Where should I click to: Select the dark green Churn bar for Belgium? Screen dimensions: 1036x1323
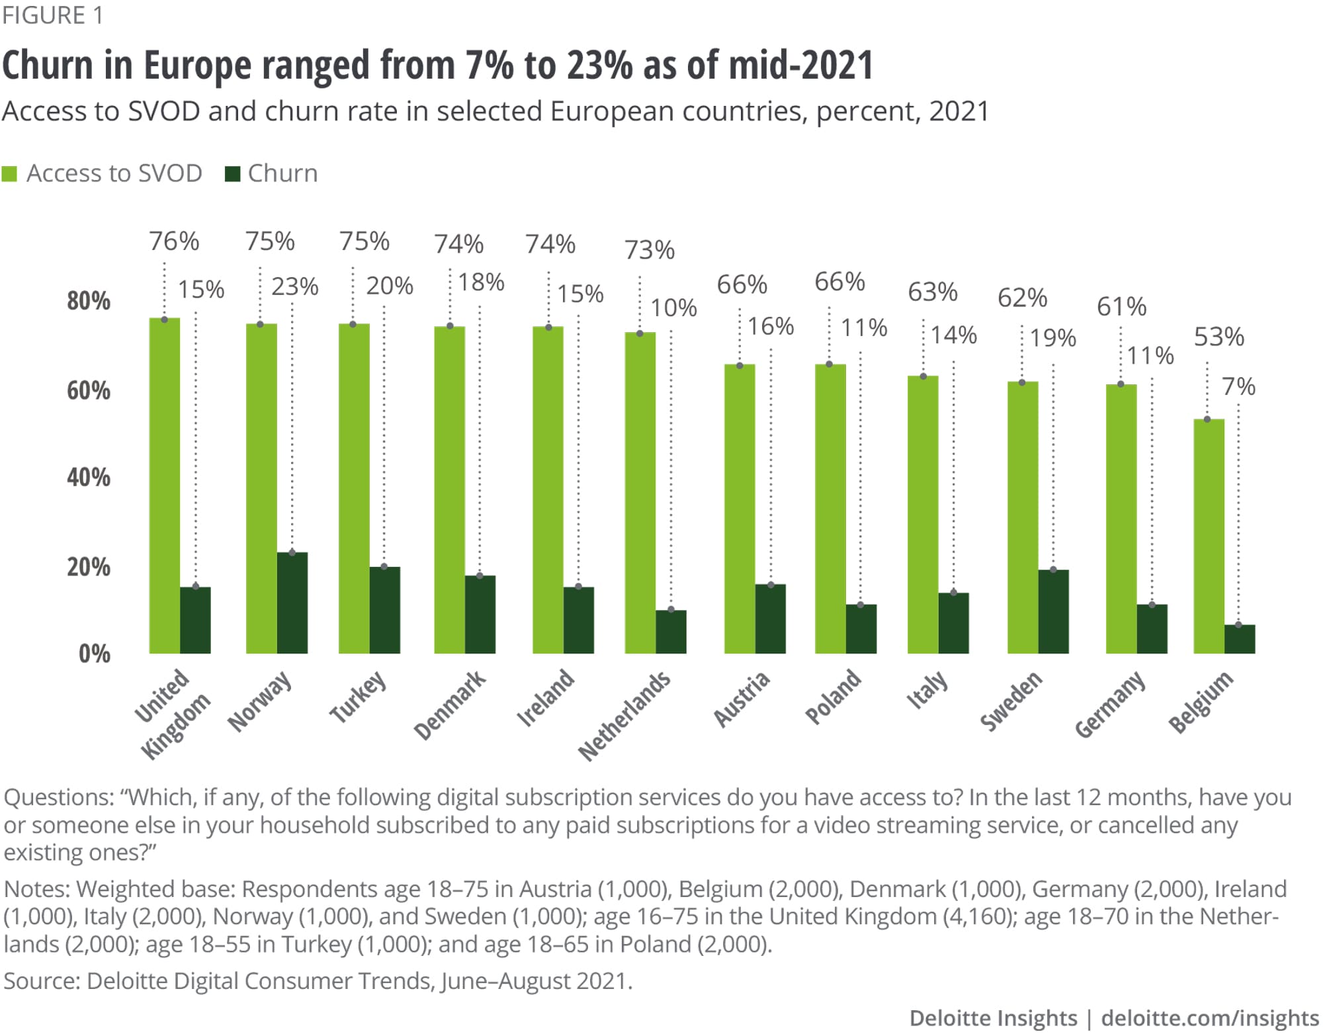[1239, 639]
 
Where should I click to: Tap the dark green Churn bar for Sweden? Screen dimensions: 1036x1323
[1053, 611]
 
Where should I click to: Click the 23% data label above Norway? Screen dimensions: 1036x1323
[295, 286]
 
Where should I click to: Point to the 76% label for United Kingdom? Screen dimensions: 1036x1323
[174, 241]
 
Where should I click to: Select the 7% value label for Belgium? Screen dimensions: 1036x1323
[1238, 386]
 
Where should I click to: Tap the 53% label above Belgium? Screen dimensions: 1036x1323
[1218, 337]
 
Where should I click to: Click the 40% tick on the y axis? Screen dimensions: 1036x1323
[89, 477]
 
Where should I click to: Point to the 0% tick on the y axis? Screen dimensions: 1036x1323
[95, 654]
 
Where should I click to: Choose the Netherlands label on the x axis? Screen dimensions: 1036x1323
[624, 716]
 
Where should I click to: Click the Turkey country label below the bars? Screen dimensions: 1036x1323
[358, 697]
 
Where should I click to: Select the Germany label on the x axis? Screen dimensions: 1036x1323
[1110, 705]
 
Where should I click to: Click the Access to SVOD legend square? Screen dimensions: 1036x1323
[9, 174]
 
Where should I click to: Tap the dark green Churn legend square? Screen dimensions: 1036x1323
[232, 174]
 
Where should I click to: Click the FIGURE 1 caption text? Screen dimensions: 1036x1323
[53, 15]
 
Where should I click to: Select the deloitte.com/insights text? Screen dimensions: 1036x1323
[1210, 1018]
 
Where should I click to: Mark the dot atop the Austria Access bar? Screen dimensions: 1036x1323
[740, 366]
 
